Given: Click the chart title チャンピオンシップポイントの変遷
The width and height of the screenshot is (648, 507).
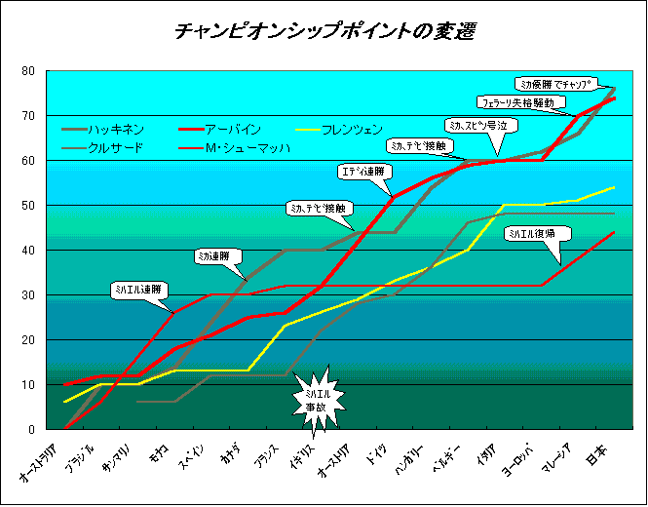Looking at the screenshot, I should pyautogui.click(x=325, y=31).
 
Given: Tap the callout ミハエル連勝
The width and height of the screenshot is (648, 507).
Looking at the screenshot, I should pyautogui.click(x=137, y=290).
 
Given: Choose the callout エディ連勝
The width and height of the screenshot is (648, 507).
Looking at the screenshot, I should pyautogui.click(x=361, y=172).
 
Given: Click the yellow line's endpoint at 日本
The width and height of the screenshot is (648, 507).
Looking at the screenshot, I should pyautogui.click(x=614, y=187).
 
